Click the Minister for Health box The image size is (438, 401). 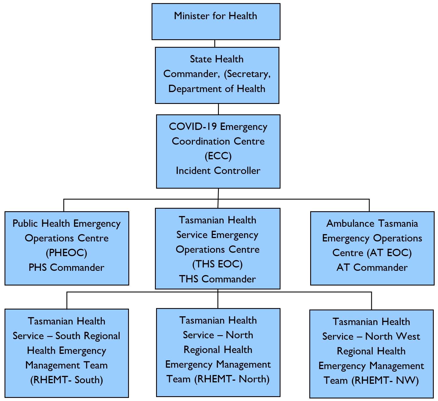pos(216,21)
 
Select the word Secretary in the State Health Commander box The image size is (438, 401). pos(249,74)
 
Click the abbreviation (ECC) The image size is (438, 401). pos(218,156)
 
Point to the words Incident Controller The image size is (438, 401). pos(218,171)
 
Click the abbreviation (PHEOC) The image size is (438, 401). pos(66,253)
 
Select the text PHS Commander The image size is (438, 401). pos(66,267)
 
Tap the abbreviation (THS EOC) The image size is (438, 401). pos(217,264)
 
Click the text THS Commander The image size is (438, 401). pos(217,279)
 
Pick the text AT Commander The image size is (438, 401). pos(372,267)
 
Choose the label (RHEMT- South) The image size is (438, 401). pos(66,380)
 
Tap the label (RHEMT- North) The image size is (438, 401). pos(232,379)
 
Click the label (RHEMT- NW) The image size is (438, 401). pos(385,380)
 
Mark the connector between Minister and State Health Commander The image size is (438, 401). pos(215,43)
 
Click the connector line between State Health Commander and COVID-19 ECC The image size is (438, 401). pos(218,109)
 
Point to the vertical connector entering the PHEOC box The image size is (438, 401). pos(64,205)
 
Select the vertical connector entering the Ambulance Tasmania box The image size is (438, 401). pos(369,205)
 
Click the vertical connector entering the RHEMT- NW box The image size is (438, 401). pos(371,301)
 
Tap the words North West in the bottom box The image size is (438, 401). pos(392,336)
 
